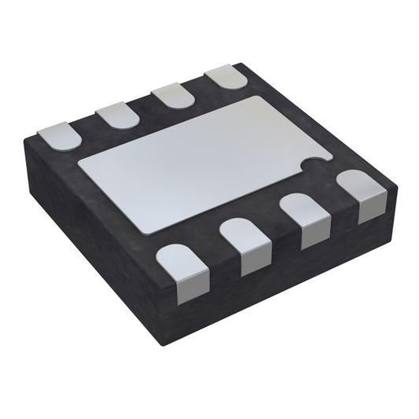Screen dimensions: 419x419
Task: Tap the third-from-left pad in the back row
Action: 172,95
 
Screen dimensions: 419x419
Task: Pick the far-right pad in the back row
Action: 225,78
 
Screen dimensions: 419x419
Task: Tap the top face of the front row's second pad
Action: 244,233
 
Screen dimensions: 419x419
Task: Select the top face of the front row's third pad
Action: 304,208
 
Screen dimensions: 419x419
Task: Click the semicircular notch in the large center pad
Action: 316,163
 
